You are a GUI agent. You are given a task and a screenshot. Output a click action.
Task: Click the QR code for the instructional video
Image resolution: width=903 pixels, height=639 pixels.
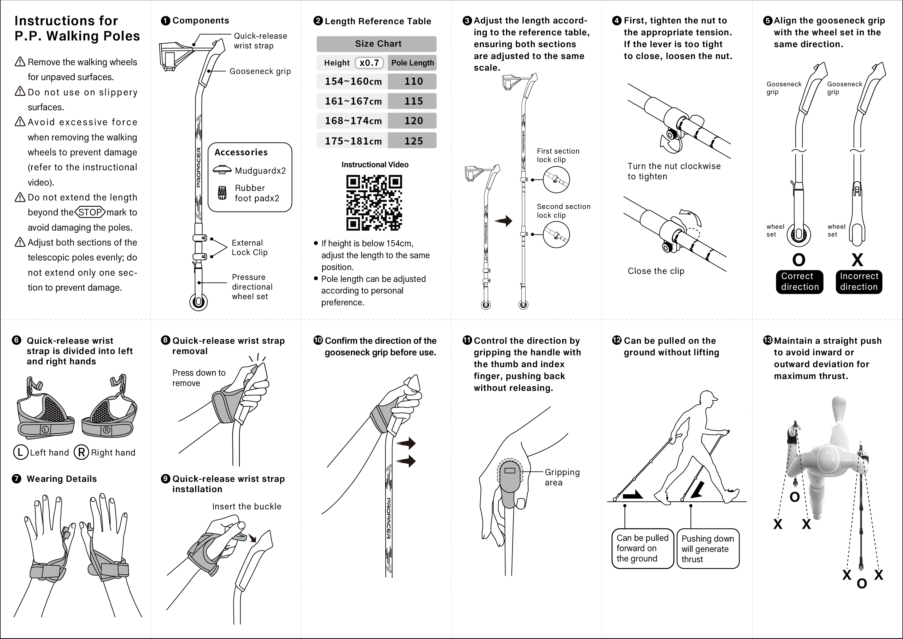(374, 203)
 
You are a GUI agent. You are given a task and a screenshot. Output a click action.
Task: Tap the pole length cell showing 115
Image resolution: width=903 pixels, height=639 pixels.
(413, 101)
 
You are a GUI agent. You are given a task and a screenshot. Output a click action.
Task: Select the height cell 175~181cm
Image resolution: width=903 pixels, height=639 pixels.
(353, 141)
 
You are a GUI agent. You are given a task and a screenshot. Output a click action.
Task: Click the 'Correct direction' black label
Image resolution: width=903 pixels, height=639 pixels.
(799, 282)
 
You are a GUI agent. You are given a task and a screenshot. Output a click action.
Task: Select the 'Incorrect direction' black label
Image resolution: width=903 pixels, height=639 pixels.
(859, 282)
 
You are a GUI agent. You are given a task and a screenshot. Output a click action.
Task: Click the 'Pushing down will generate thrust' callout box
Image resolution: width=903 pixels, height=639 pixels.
(708, 549)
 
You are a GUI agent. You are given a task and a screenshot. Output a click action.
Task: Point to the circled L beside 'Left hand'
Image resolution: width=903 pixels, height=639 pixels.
(20, 452)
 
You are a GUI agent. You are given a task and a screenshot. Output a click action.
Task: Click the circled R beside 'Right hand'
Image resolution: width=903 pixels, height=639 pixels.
(81, 452)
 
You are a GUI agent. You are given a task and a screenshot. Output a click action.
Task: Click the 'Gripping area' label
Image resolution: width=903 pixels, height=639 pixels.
(562, 477)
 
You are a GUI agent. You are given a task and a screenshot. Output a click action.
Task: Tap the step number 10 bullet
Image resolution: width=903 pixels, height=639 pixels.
(318, 340)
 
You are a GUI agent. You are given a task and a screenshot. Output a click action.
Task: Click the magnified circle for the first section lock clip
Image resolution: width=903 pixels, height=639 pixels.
(556, 180)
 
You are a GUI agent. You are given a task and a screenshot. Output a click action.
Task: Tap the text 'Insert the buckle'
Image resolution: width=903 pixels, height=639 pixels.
(247, 506)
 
